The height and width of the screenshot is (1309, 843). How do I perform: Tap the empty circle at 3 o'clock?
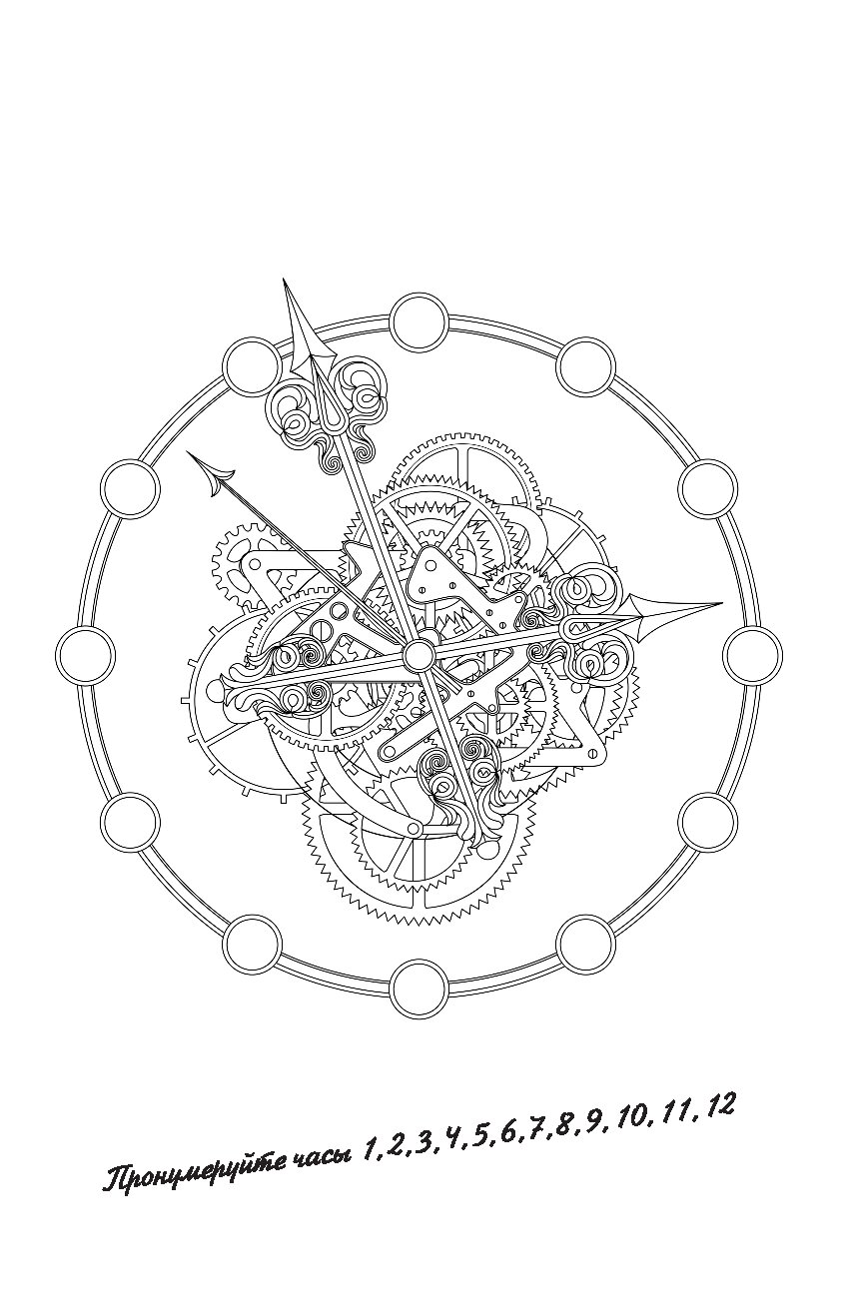pyautogui.click(x=752, y=655)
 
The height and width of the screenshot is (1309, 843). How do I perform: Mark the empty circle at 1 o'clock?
pyautogui.click(x=585, y=367)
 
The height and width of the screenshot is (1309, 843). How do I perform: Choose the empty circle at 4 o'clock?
pyautogui.click(x=708, y=822)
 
